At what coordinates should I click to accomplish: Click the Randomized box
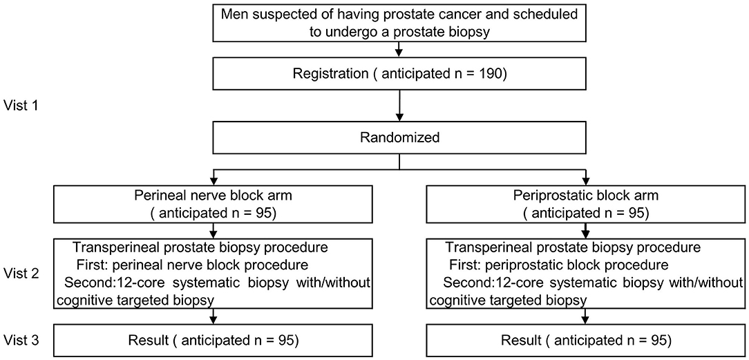399,137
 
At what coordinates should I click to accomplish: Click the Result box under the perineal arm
214,341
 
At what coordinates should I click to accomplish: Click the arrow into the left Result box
214,319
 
